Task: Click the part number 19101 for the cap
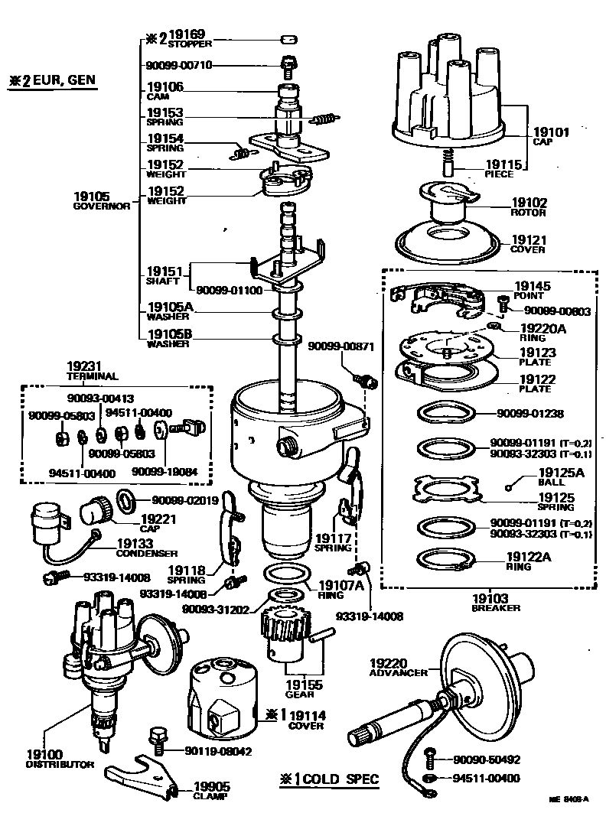click(x=552, y=132)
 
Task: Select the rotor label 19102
click(x=529, y=203)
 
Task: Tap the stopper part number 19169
click(x=187, y=34)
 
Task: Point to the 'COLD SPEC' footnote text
click(x=339, y=779)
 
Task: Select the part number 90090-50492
click(x=487, y=759)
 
